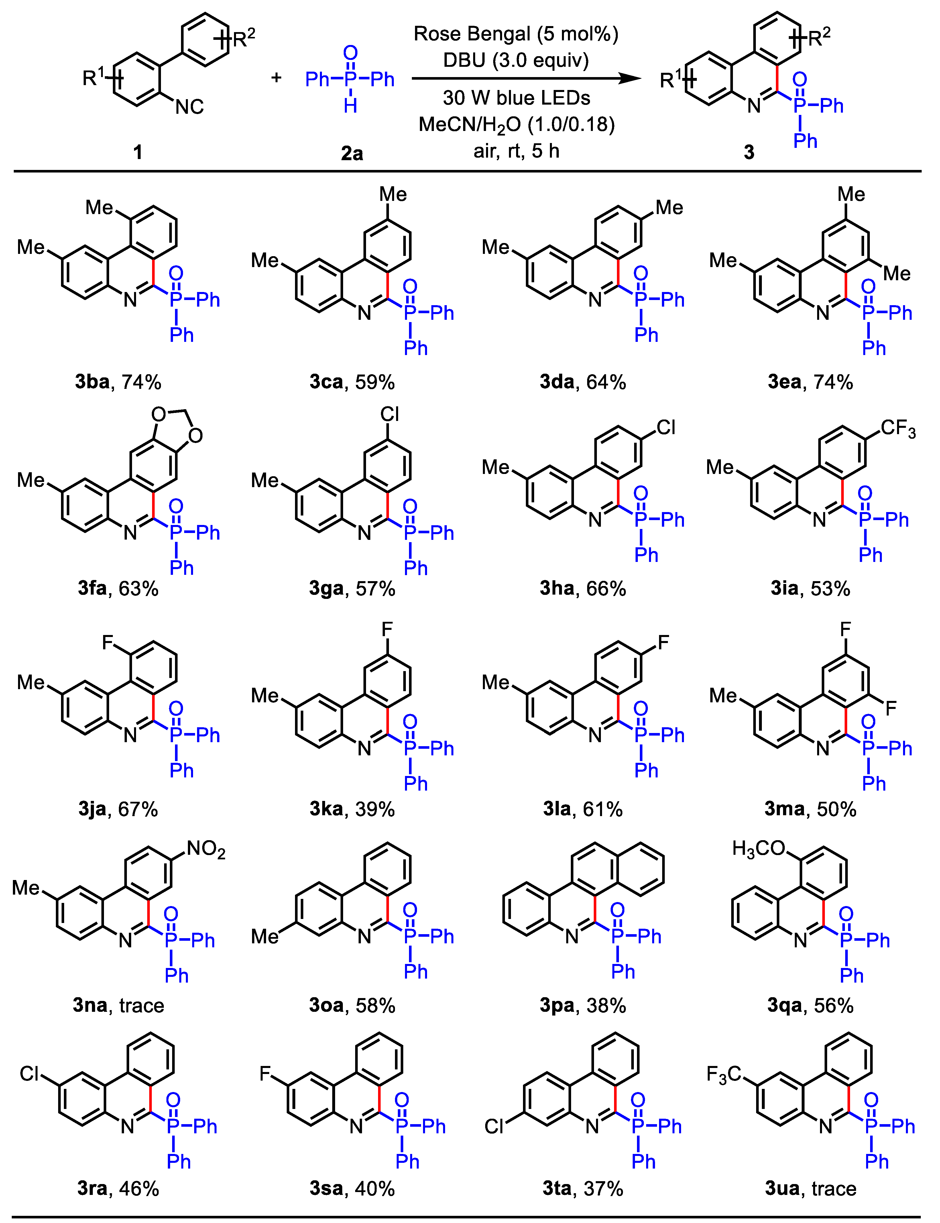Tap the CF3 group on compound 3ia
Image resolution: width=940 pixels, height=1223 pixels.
tap(898, 429)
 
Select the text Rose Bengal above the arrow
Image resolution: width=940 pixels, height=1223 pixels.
tap(471, 34)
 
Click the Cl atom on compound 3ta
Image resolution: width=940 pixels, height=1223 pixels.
tap(495, 1126)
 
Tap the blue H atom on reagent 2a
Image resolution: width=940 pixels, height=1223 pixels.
tap(350, 105)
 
